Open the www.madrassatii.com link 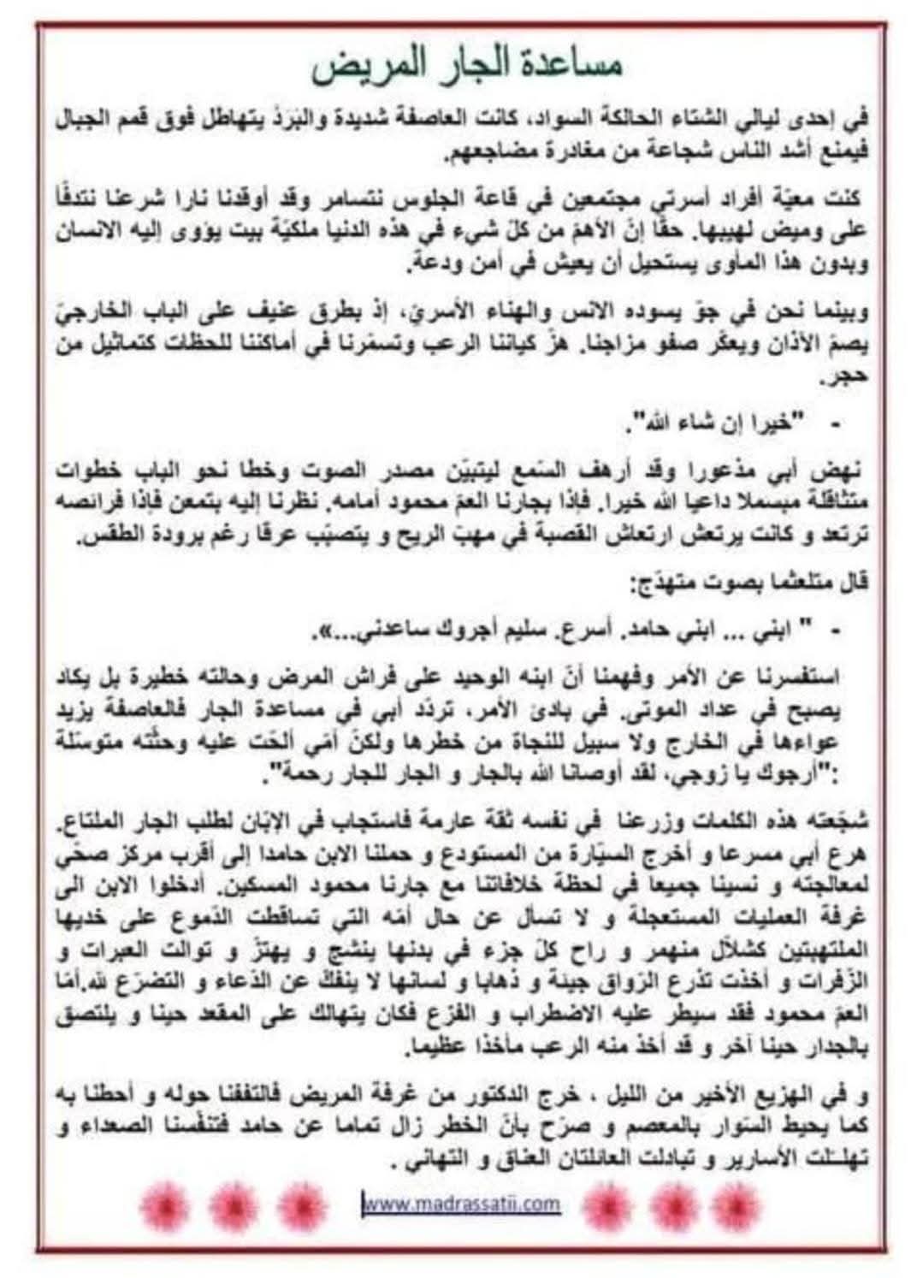[x=462, y=1204]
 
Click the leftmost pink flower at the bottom [x=165, y=1205]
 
